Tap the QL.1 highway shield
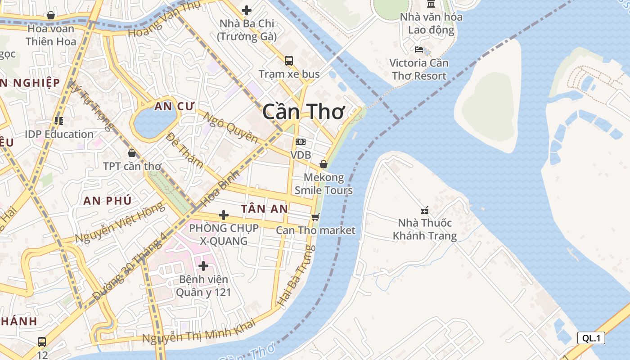[591, 338]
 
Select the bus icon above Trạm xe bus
[289, 60]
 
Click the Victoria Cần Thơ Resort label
[419, 69]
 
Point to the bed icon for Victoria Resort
[419, 49]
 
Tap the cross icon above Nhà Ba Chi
[247, 10]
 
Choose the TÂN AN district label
[264, 209]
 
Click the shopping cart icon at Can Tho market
[315, 217]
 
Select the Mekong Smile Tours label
[323, 184]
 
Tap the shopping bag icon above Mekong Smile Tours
[323, 164]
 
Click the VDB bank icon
[300, 142]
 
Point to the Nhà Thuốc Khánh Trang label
[424, 229]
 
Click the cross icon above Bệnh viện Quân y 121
[203, 266]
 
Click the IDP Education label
[59, 134]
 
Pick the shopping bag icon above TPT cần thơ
[132, 153]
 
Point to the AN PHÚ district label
[107, 201]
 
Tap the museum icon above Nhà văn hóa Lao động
[431, 4]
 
